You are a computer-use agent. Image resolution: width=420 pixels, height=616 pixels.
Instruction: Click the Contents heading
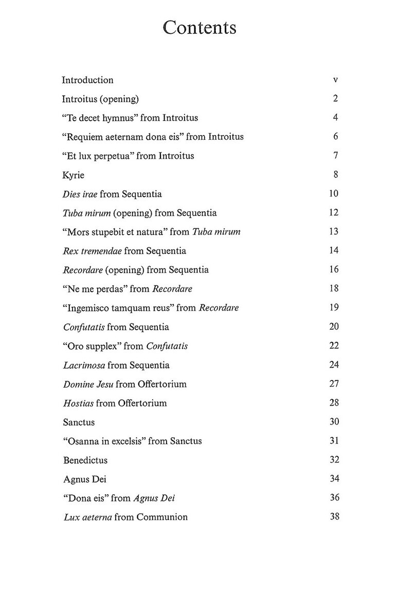coord(199,28)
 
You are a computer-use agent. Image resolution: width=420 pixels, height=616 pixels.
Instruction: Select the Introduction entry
coord(87,80)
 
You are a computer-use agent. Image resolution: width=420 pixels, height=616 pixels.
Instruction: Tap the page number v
coord(335,80)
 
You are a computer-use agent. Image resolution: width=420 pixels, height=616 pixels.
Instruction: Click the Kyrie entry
coord(74,175)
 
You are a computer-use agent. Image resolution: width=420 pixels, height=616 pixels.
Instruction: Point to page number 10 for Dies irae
coord(334,194)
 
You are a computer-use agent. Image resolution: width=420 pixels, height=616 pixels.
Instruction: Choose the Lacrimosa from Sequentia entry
coord(116,365)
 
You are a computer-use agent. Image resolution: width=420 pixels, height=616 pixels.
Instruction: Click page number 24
coord(334,365)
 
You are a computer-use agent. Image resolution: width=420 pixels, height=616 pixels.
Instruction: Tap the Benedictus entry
coord(85,460)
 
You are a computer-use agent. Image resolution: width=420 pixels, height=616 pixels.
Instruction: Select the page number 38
coord(334,516)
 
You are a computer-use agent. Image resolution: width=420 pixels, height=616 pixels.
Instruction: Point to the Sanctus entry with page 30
coord(79,422)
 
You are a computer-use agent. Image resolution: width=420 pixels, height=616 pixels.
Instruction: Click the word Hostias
coord(78,403)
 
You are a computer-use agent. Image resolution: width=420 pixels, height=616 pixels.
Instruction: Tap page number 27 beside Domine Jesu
coord(334,384)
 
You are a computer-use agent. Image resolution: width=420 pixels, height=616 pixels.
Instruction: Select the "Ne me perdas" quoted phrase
coord(95,289)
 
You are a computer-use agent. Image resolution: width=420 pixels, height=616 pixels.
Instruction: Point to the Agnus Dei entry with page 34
coord(85,479)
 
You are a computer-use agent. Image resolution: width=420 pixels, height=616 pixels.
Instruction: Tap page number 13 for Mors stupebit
coord(334,232)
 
